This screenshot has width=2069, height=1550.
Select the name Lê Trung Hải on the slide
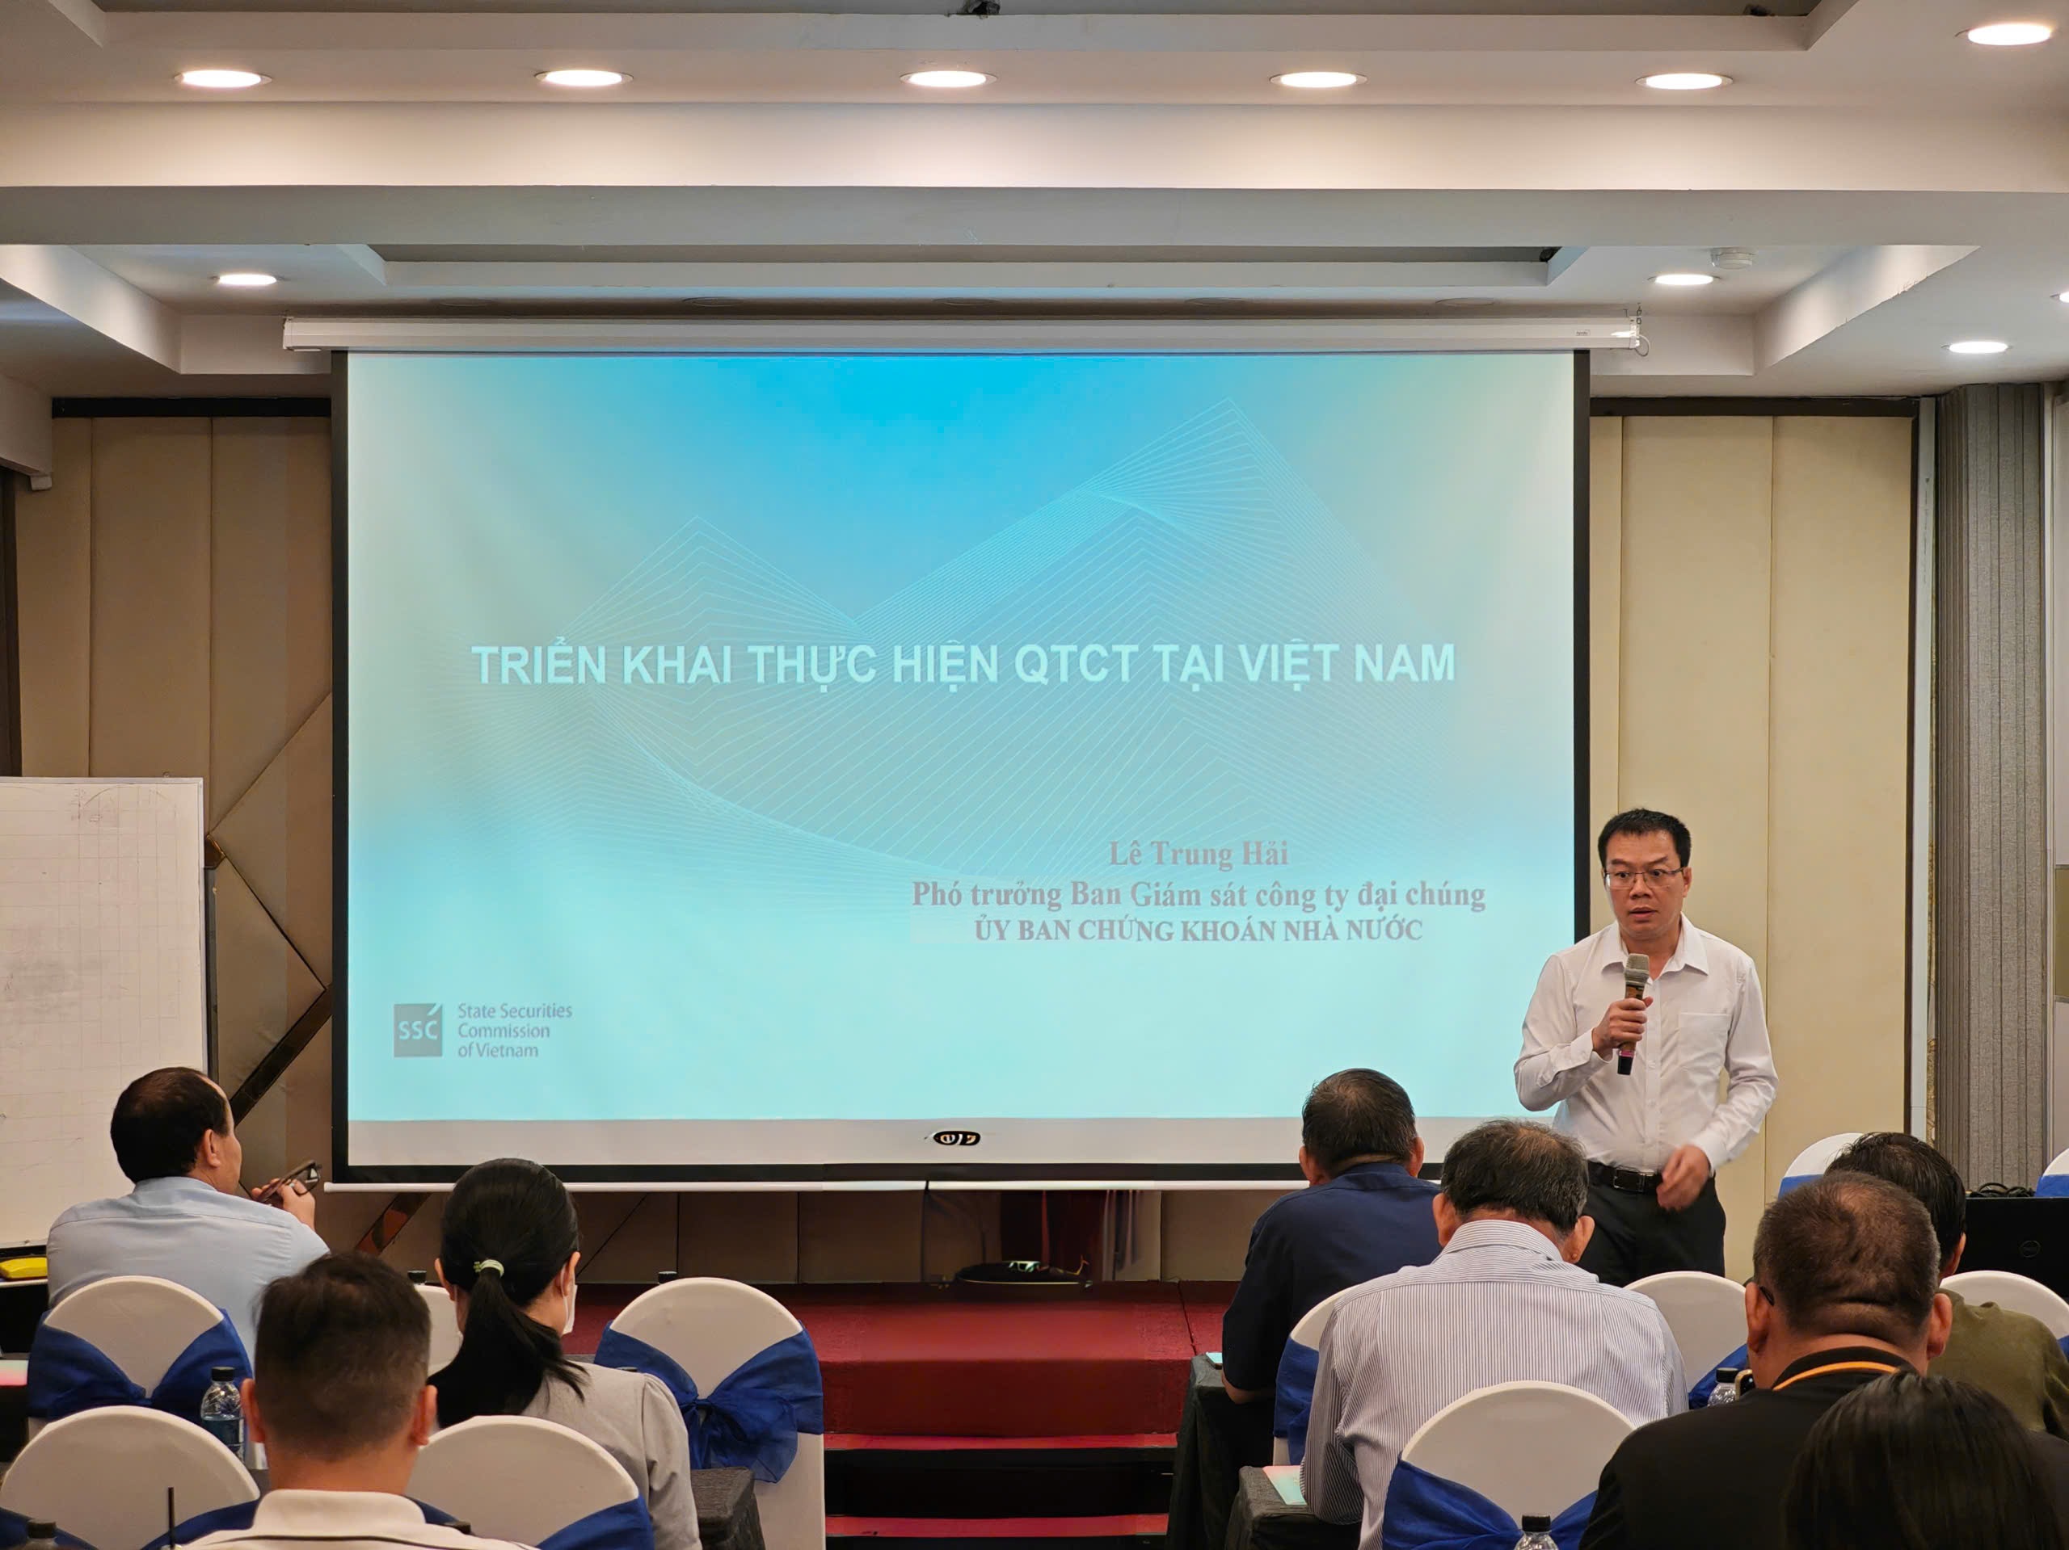(x=1199, y=855)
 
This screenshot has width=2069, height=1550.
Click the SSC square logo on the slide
(x=416, y=1030)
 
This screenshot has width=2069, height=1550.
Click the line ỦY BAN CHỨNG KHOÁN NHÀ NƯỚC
(x=1199, y=931)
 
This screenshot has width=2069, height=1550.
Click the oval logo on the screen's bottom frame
(x=956, y=1138)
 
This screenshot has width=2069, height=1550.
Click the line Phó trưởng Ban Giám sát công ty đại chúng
(x=1199, y=895)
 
